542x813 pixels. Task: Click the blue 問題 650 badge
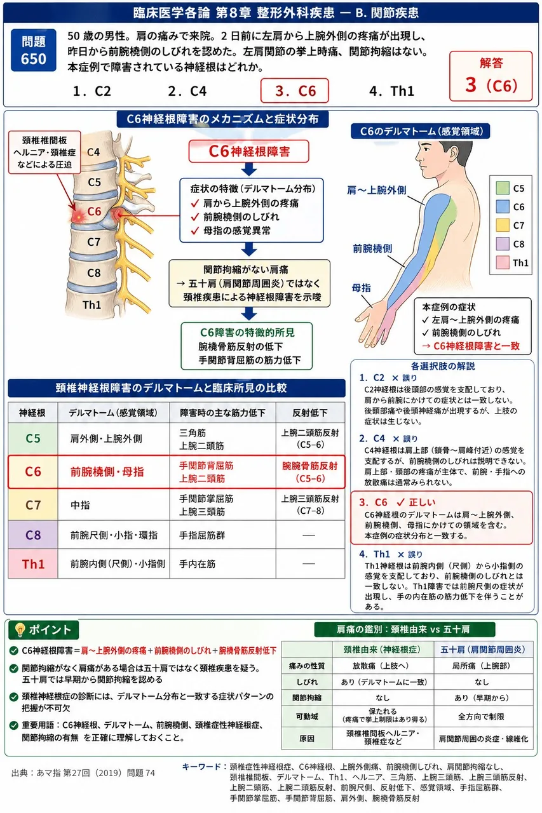(34, 50)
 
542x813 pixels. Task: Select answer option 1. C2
(92, 91)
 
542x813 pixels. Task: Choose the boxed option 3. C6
(295, 91)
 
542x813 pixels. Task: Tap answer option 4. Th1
(391, 91)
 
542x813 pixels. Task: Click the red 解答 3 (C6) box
(491, 76)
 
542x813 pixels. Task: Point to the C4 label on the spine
(93, 152)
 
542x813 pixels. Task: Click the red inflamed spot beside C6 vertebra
(78, 217)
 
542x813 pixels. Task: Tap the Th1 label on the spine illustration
(92, 305)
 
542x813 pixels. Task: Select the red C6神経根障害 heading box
(248, 151)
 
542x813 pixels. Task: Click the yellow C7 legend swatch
(503, 225)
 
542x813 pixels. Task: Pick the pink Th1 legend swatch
(503, 262)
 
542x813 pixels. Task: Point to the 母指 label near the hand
(361, 288)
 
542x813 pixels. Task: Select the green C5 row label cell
(33, 438)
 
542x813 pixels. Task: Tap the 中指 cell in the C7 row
(114, 505)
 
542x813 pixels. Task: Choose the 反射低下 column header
(310, 413)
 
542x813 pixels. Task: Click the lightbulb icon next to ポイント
(20, 629)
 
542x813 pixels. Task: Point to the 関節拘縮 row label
(307, 697)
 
